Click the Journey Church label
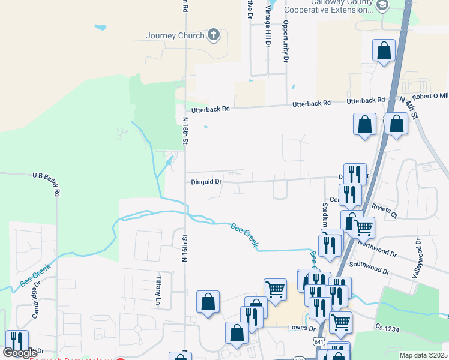click(175, 35)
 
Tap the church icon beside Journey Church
click(214, 35)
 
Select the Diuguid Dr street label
click(207, 181)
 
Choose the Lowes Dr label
click(302, 328)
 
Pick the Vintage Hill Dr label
click(268, 30)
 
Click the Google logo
click(20, 353)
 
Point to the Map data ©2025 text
click(424, 355)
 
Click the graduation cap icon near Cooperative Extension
click(382, 5)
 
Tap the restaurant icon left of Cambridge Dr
click(17, 341)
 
